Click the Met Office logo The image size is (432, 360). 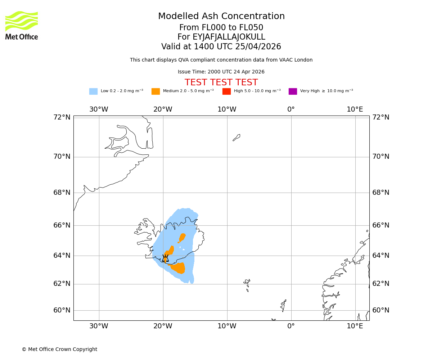click(x=22, y=25)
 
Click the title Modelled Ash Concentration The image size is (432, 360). click(x=221, y=17)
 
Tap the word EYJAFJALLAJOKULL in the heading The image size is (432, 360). click(x=229, y=37)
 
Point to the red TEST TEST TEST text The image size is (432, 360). click(x=221, y=83)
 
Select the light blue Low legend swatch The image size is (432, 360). click(x=93, y=91)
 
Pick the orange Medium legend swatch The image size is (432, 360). click(x=156, y=91)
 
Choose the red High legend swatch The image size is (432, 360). click(x=226, y=91)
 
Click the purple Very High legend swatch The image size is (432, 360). click(x=293, y=91)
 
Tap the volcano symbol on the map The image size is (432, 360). click(x=165, y=258)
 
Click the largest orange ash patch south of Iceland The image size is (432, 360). click(x=179, y=268)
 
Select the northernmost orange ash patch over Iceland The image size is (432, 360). click(x=182, y=238)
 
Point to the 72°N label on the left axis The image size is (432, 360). click(x=62, y=117)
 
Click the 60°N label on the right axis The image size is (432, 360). click(x=381, y=310)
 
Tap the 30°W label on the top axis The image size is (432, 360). click(x=99, y=109)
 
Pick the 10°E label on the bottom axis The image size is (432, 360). click(x=355, y=326)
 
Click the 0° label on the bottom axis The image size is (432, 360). click(x=291, y=326)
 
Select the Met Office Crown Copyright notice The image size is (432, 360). click(x=59, y=350)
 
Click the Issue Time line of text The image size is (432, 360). click(x=221, y=72)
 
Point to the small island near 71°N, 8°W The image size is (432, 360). click(x=237, y=138)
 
